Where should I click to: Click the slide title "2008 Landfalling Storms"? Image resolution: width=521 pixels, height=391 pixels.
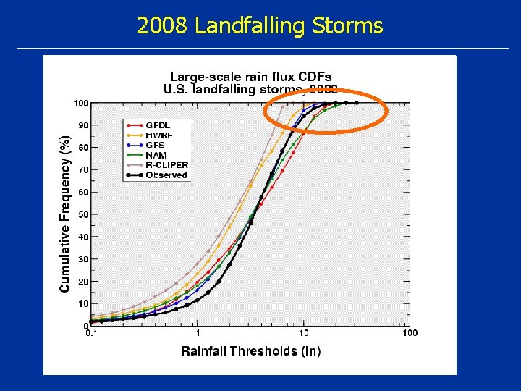coord(260,26)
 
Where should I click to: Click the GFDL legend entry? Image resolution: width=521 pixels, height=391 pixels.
coord(157,125)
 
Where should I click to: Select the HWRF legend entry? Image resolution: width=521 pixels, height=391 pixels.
coord(158,135)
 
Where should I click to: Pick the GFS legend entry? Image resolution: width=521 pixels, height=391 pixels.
coord(155,146)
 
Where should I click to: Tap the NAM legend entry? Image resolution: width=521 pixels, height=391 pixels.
coord(156,155)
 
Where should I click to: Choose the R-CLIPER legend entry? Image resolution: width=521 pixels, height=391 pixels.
coord(166,165)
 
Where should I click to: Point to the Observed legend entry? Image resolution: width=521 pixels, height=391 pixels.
coord(166,175)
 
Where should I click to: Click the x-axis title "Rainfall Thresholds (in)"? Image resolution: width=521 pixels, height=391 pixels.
coord(250,351)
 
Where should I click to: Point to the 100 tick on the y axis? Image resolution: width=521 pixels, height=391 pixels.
coord(80,104)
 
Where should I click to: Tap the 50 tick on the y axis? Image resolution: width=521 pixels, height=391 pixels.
coord(82,215)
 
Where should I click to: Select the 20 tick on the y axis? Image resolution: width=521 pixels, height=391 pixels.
coord(82,282)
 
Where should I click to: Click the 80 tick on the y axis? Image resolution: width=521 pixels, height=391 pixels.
coord(82,148)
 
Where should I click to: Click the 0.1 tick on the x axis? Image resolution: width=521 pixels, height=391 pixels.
coord(92,333)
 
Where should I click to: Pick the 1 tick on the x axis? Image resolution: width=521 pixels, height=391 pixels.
coord(198,333)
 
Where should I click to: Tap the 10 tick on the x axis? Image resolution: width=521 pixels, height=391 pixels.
coord(304,333)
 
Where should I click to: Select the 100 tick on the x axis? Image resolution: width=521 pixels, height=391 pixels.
coord(410,333)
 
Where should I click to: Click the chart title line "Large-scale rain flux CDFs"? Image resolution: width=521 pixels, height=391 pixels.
coord(250,77)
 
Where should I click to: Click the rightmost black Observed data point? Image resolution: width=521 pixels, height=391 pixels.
coord(357,103)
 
